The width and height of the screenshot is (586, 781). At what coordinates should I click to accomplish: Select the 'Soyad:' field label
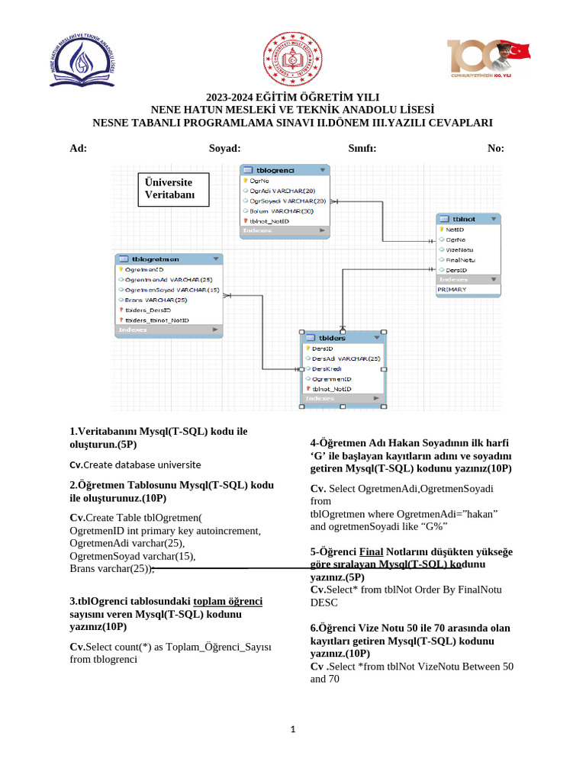[x=224, y=149]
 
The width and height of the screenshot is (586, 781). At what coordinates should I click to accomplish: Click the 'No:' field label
[x=495, y=149]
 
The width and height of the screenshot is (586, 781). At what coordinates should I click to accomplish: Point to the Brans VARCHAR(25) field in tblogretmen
[x=156, y=300]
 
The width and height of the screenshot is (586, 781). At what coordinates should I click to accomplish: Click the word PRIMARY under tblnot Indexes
[x=452, y=290]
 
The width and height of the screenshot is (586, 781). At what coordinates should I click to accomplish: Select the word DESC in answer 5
[x=324, y=603]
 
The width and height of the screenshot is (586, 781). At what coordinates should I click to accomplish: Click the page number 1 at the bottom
[x=292, y=730]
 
